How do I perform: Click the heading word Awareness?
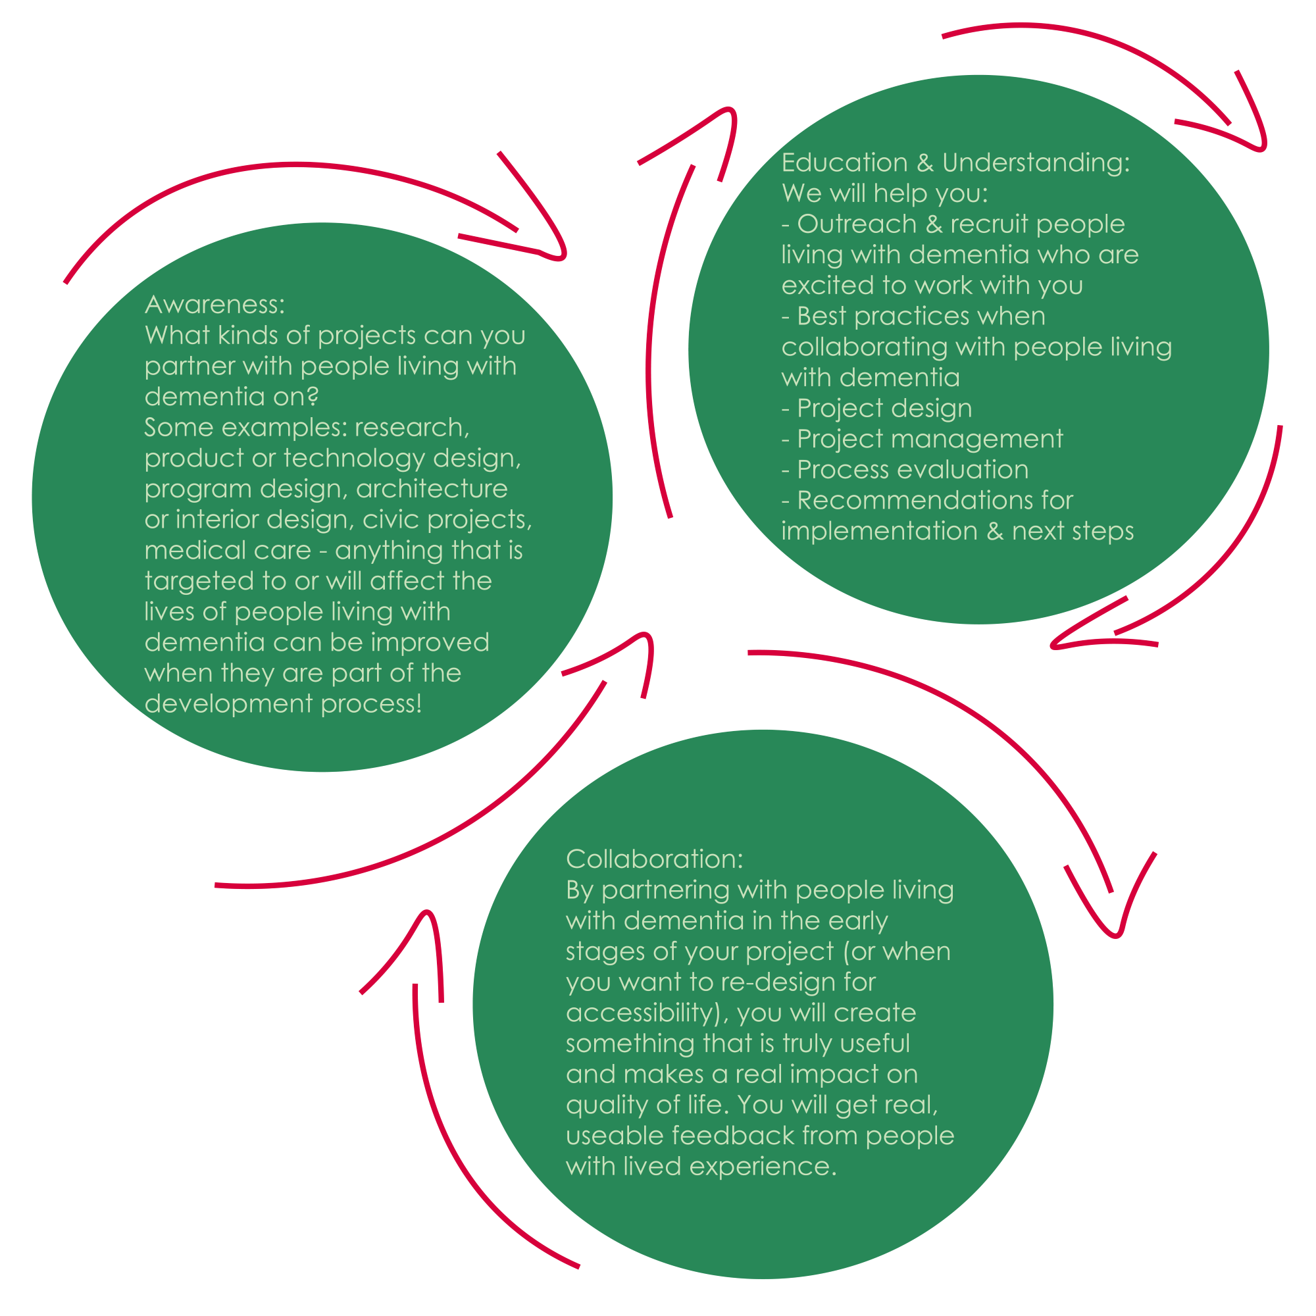click(x=214, y=305)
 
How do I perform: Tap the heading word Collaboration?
click(x=654, y=859)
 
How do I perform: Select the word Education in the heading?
click(x=844, y=163)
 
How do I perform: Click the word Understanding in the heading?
click(x=1035, y=163)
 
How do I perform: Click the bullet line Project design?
click(x=884, y=408)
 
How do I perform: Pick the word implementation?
click(x=878, y=530)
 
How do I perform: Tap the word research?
click(x=411, y=427)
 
